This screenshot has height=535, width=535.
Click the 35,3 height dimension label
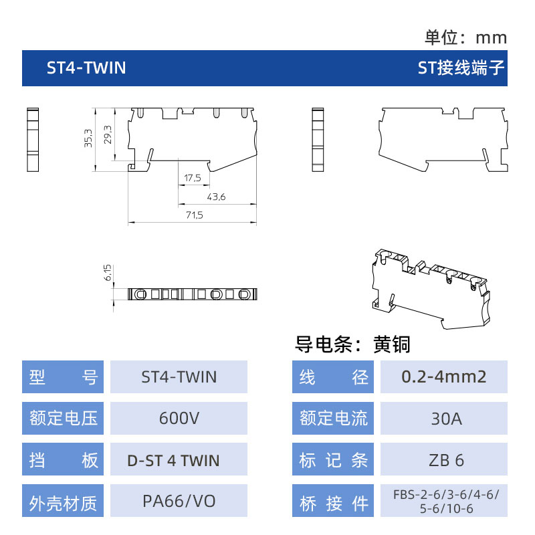(88, 138)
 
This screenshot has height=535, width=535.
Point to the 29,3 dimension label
(108, 134)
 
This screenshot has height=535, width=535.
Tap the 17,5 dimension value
(193, 178)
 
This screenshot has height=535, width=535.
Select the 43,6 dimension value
(216, 197)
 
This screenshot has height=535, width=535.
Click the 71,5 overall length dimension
(195, 215)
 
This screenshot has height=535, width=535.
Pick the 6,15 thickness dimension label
(108, 272)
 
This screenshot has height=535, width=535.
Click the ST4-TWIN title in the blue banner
(86, 68)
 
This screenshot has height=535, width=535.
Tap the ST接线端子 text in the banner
(461, 68)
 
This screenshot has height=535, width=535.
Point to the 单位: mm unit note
(465, 37)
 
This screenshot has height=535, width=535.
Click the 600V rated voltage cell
(179, 419)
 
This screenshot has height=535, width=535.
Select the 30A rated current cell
(444, 419)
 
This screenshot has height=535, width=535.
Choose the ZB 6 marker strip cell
(444, 459)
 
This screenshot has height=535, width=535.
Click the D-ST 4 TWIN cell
(179, 459)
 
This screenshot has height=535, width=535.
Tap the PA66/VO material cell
(179, 500)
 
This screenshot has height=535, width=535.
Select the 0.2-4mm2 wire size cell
(444, 377)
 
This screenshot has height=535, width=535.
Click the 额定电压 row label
(63, 419)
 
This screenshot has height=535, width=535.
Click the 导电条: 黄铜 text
(352, 344)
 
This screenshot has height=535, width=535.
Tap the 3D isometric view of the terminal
(431, 289)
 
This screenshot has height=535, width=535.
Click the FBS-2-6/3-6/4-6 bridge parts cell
(444, 500)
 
